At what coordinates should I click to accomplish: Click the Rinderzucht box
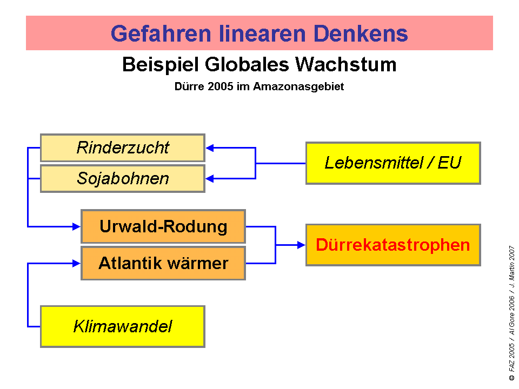[x=123, y=147]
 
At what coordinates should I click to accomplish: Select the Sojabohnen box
[x=123, y=179]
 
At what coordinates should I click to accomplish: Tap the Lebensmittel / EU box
[x=393, y=163]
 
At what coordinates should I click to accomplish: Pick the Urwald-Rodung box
[x=163, y=226]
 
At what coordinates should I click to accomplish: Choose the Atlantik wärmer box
[x=163, y=263]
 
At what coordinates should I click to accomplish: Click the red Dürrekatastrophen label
[x=393, y=245]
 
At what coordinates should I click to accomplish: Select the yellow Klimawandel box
[x=123, y=326]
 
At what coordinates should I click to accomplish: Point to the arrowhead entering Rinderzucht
[x=210, y=148]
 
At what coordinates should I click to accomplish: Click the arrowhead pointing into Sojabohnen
[x=210, y=179]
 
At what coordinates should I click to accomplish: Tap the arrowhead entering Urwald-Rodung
[x=76, y=226]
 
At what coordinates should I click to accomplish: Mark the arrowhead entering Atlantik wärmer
[x=76, y=263]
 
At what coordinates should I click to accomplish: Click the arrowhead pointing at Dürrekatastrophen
[x=301, y=245]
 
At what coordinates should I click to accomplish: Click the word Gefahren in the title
[x=161, y=33]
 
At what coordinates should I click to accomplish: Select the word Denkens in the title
[x=361, y=33]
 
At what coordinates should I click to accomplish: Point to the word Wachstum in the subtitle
[x=345, y=64]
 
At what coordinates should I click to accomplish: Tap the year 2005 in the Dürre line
[x=221, y=86]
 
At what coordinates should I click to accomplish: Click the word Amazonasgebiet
[x=298, y=86]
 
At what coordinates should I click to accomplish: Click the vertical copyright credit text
[x=512, y=313]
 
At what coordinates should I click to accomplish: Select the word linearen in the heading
[x=262, y=33]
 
